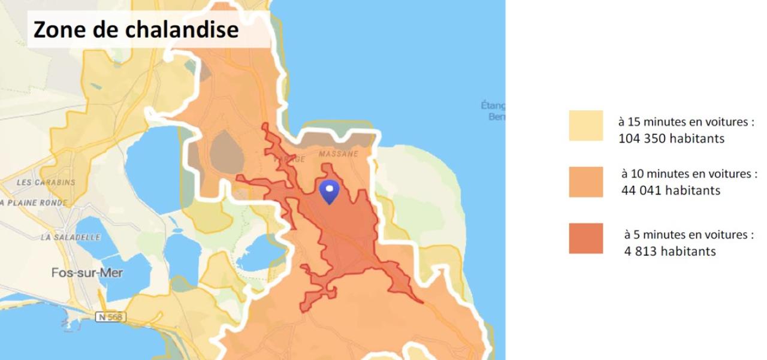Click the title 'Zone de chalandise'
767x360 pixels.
[136, 29]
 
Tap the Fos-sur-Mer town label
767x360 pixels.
[87, 273]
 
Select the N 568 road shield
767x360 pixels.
[111, 316]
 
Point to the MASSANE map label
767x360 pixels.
[338, 154]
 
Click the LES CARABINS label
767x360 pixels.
[46, 182]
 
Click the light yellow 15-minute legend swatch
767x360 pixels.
[585, 126]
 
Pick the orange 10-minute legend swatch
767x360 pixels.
[585, 182]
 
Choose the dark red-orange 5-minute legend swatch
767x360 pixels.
[585, 238]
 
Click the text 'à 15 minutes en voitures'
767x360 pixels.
[686, 122]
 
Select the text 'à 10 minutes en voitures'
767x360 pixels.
[689, 174]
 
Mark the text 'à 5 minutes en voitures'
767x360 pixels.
[689, 235]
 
